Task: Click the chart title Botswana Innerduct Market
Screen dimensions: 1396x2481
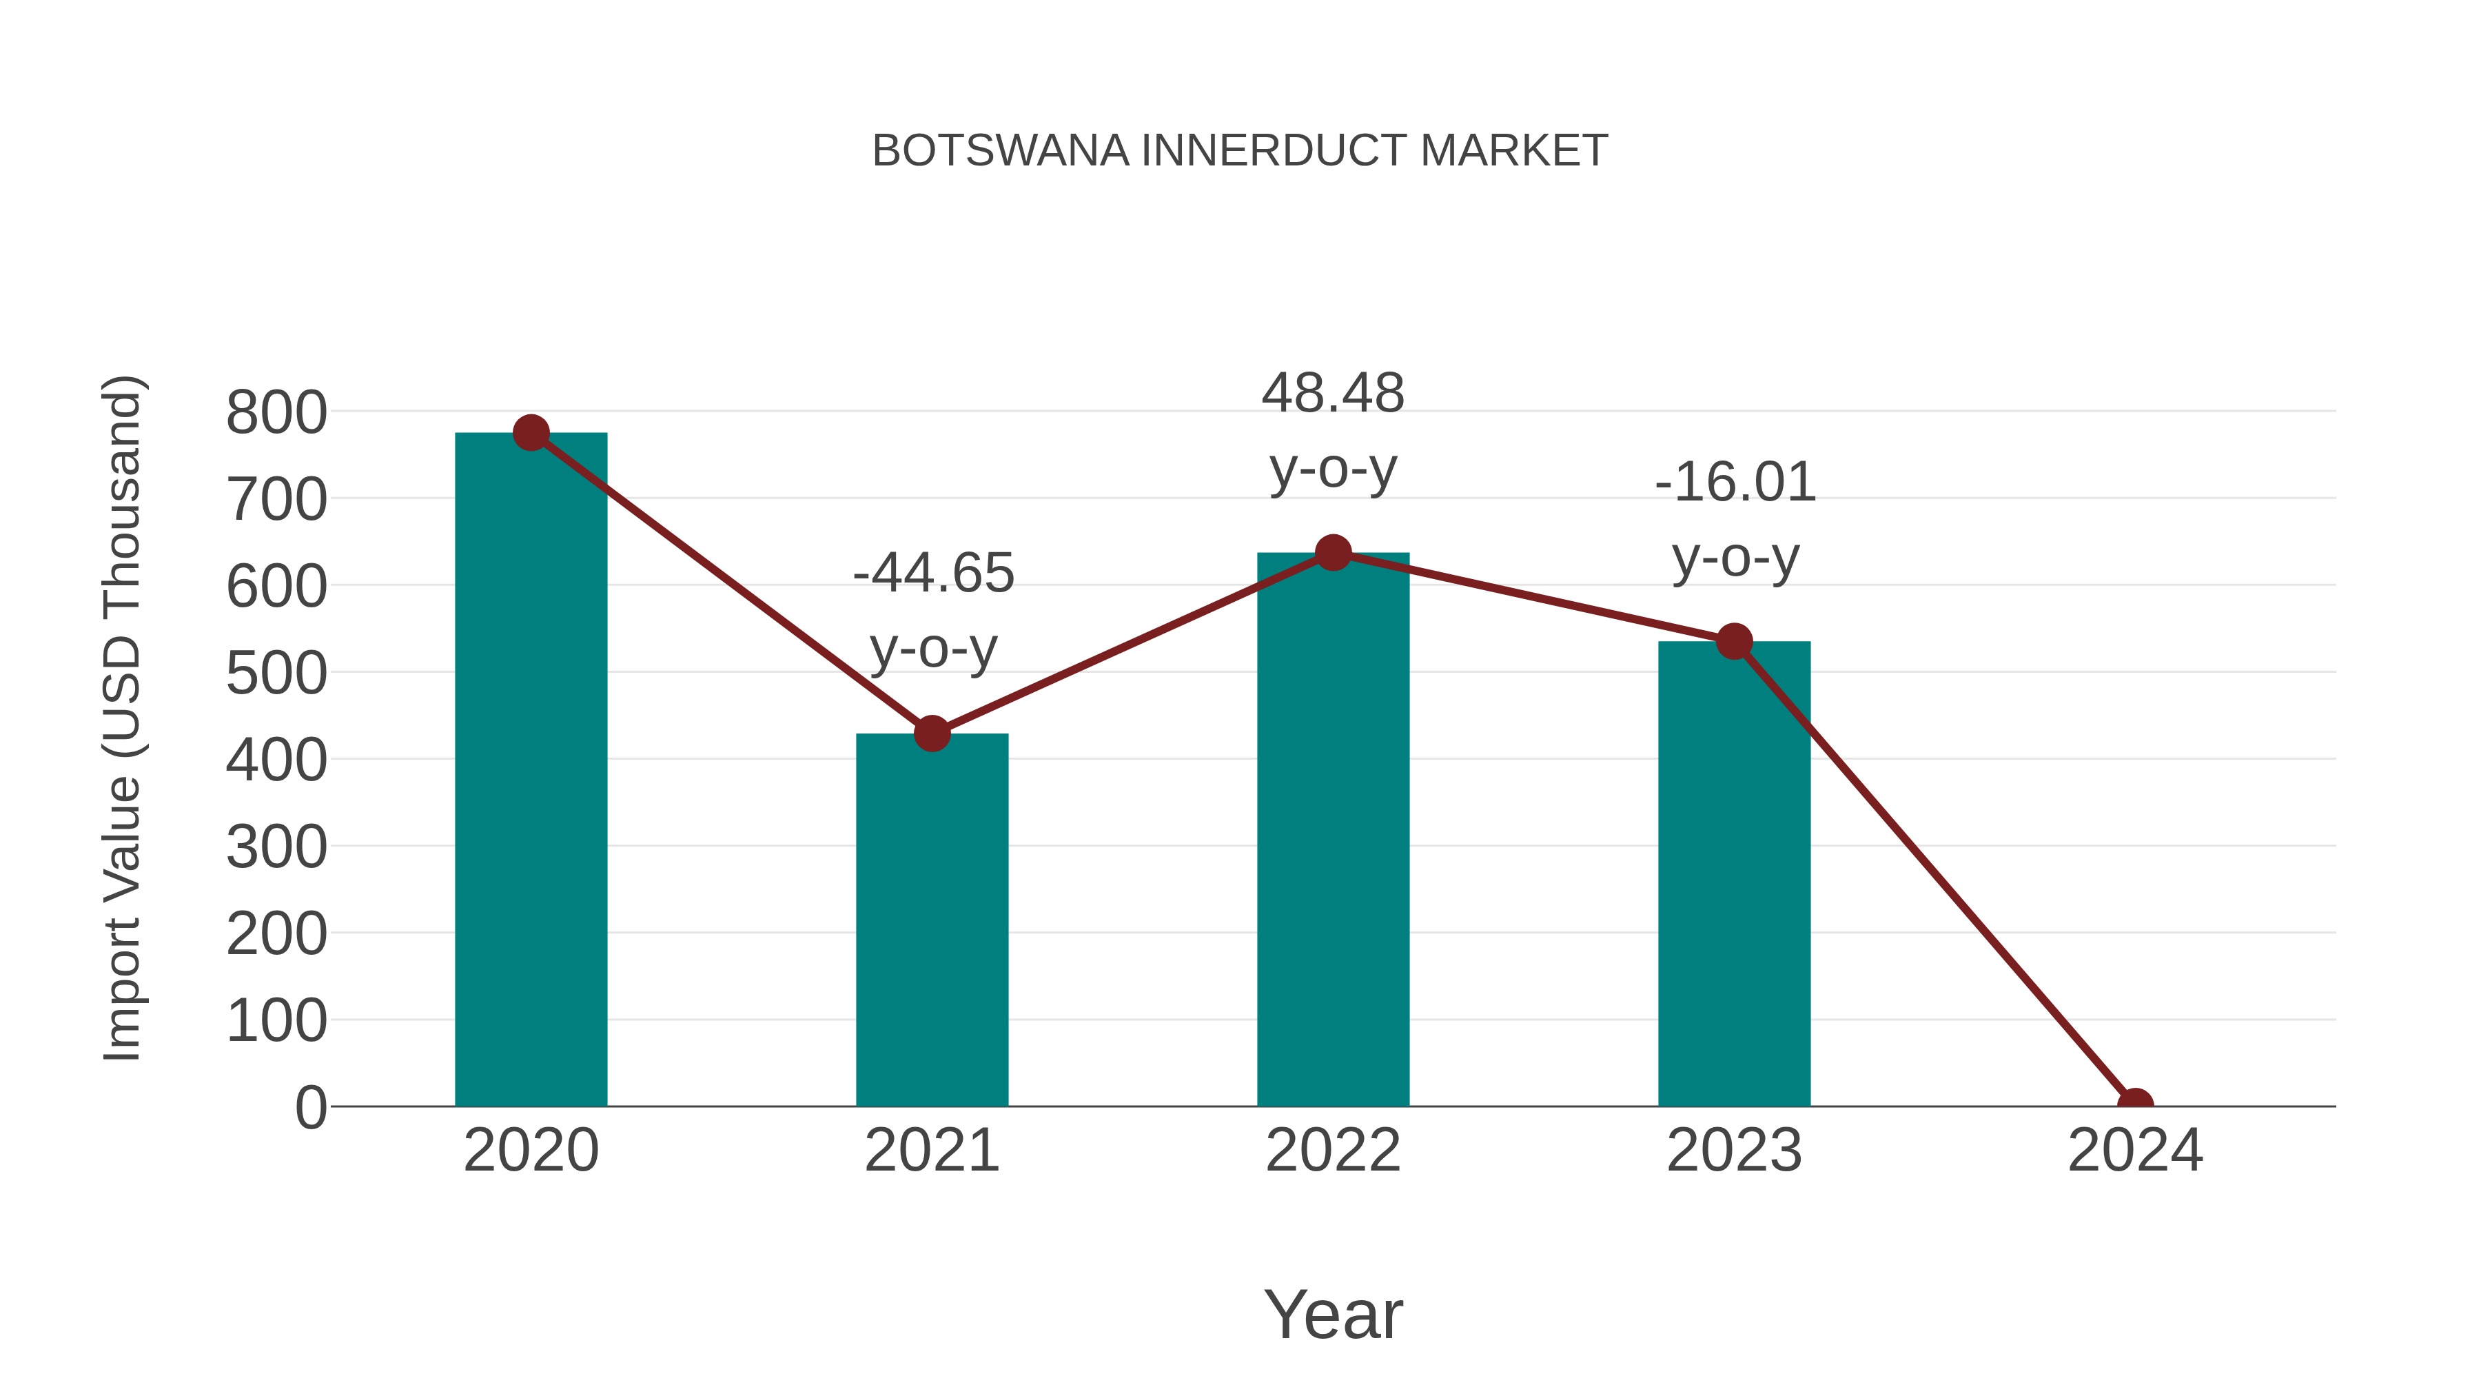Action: coord(1240,151)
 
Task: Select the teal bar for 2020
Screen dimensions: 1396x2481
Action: coord(531,771)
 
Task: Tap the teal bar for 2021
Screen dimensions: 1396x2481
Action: coord(931,920)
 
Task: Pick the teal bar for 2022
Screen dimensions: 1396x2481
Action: coord(1333,829)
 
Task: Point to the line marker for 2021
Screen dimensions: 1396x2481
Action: coord(931,734)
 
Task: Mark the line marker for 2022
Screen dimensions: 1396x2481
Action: coord(1333,553)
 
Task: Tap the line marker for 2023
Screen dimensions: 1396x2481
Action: coord(1734,642)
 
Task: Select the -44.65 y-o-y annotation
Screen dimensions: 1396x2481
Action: coord(933,611)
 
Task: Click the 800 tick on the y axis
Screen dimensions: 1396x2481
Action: coord(276,414)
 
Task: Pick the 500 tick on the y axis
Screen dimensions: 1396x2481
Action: coord(276,674)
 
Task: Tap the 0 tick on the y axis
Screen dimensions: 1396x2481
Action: coord(310,1108)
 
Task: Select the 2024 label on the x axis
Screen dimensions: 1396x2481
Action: coord(2134,1151)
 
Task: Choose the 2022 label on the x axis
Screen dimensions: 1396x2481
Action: coord(1333,1151)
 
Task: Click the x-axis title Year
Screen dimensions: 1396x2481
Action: coord(1333,1315)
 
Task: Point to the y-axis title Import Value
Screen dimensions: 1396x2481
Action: coord(123,718)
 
